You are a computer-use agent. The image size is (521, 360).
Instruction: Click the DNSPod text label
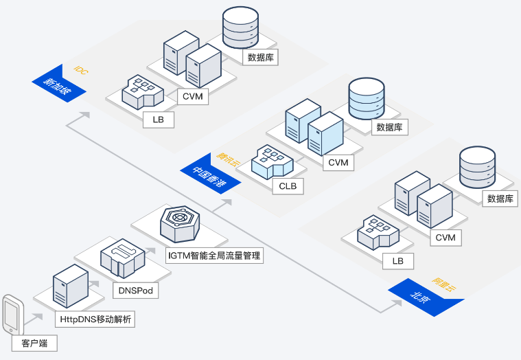click(136, 291)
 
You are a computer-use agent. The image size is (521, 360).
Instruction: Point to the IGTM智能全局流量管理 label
click(214, 256)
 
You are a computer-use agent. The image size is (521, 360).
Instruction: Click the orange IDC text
click(80, 70)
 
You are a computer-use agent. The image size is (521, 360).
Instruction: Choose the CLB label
click(287, 186)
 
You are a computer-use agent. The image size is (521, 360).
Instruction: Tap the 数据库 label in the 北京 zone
click(500, 199)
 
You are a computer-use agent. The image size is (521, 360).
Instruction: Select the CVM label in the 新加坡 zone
click(193, 96)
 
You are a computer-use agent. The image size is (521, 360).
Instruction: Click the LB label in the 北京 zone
click(398, 261)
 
